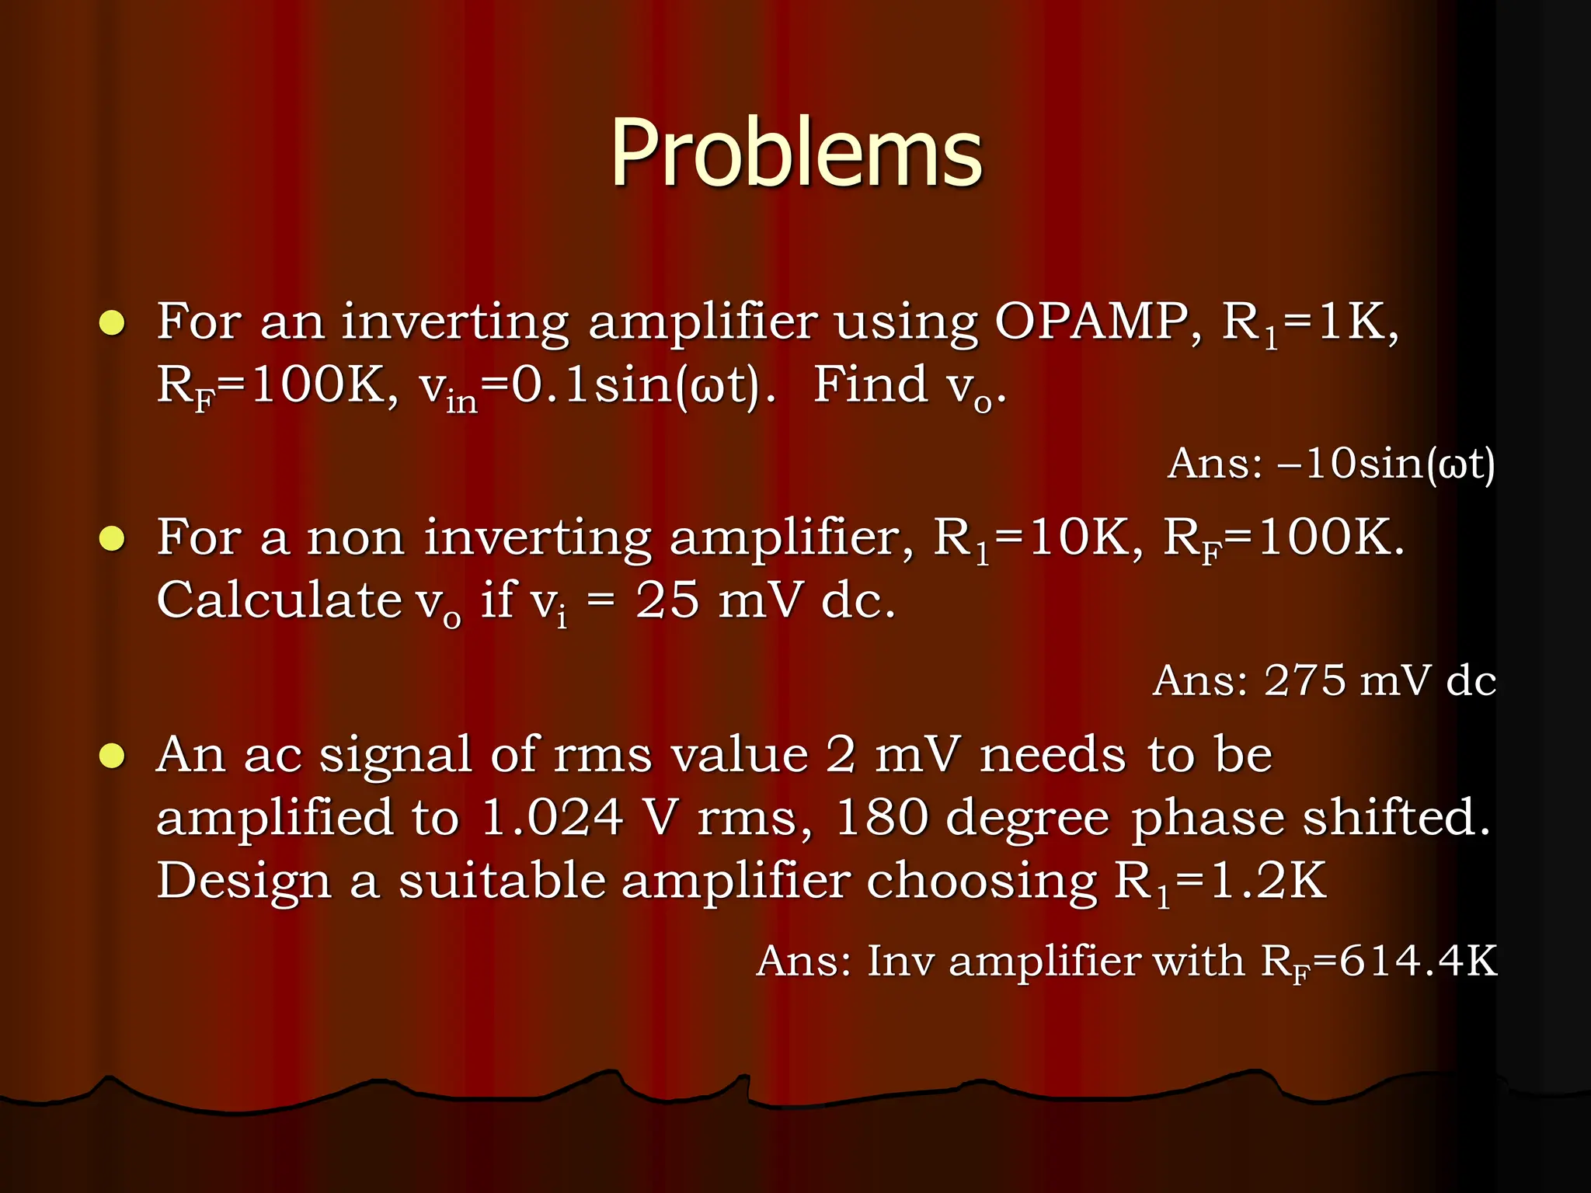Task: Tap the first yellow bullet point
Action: point(112,322)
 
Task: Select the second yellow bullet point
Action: point(112,538)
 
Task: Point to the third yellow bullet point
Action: point(112,756)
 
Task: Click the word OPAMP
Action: point(1097,320)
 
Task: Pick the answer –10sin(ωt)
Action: point(1387,464)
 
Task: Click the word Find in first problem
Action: point(870,384)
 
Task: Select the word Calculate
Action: point(279,600)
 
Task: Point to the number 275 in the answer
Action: point(1304,681)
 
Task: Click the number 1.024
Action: point(552,818)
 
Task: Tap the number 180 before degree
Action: point(881,818)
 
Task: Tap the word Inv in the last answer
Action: point(900,962)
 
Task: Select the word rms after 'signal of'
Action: point(602,756)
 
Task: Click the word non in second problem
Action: point(356,538)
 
